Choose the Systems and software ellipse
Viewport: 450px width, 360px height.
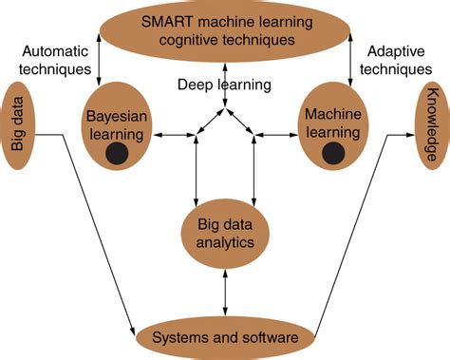[225, 337]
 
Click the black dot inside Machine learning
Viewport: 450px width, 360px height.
[331, 152]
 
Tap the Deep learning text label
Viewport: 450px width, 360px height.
[224, 85]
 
